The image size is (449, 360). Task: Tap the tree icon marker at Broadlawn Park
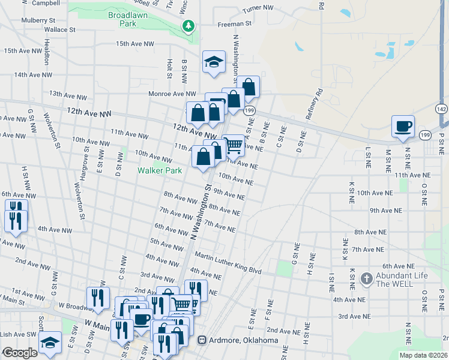(189, 26)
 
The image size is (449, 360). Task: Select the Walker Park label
(159, 170)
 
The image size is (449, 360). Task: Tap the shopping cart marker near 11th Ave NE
(234, 144)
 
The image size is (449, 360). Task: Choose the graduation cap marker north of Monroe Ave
(214, 62)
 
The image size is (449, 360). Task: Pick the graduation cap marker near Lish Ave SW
(50, 343)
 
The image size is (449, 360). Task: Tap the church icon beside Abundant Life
(366, 278)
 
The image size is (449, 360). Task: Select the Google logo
(20, 353)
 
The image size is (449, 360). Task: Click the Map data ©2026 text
(423, 355)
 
